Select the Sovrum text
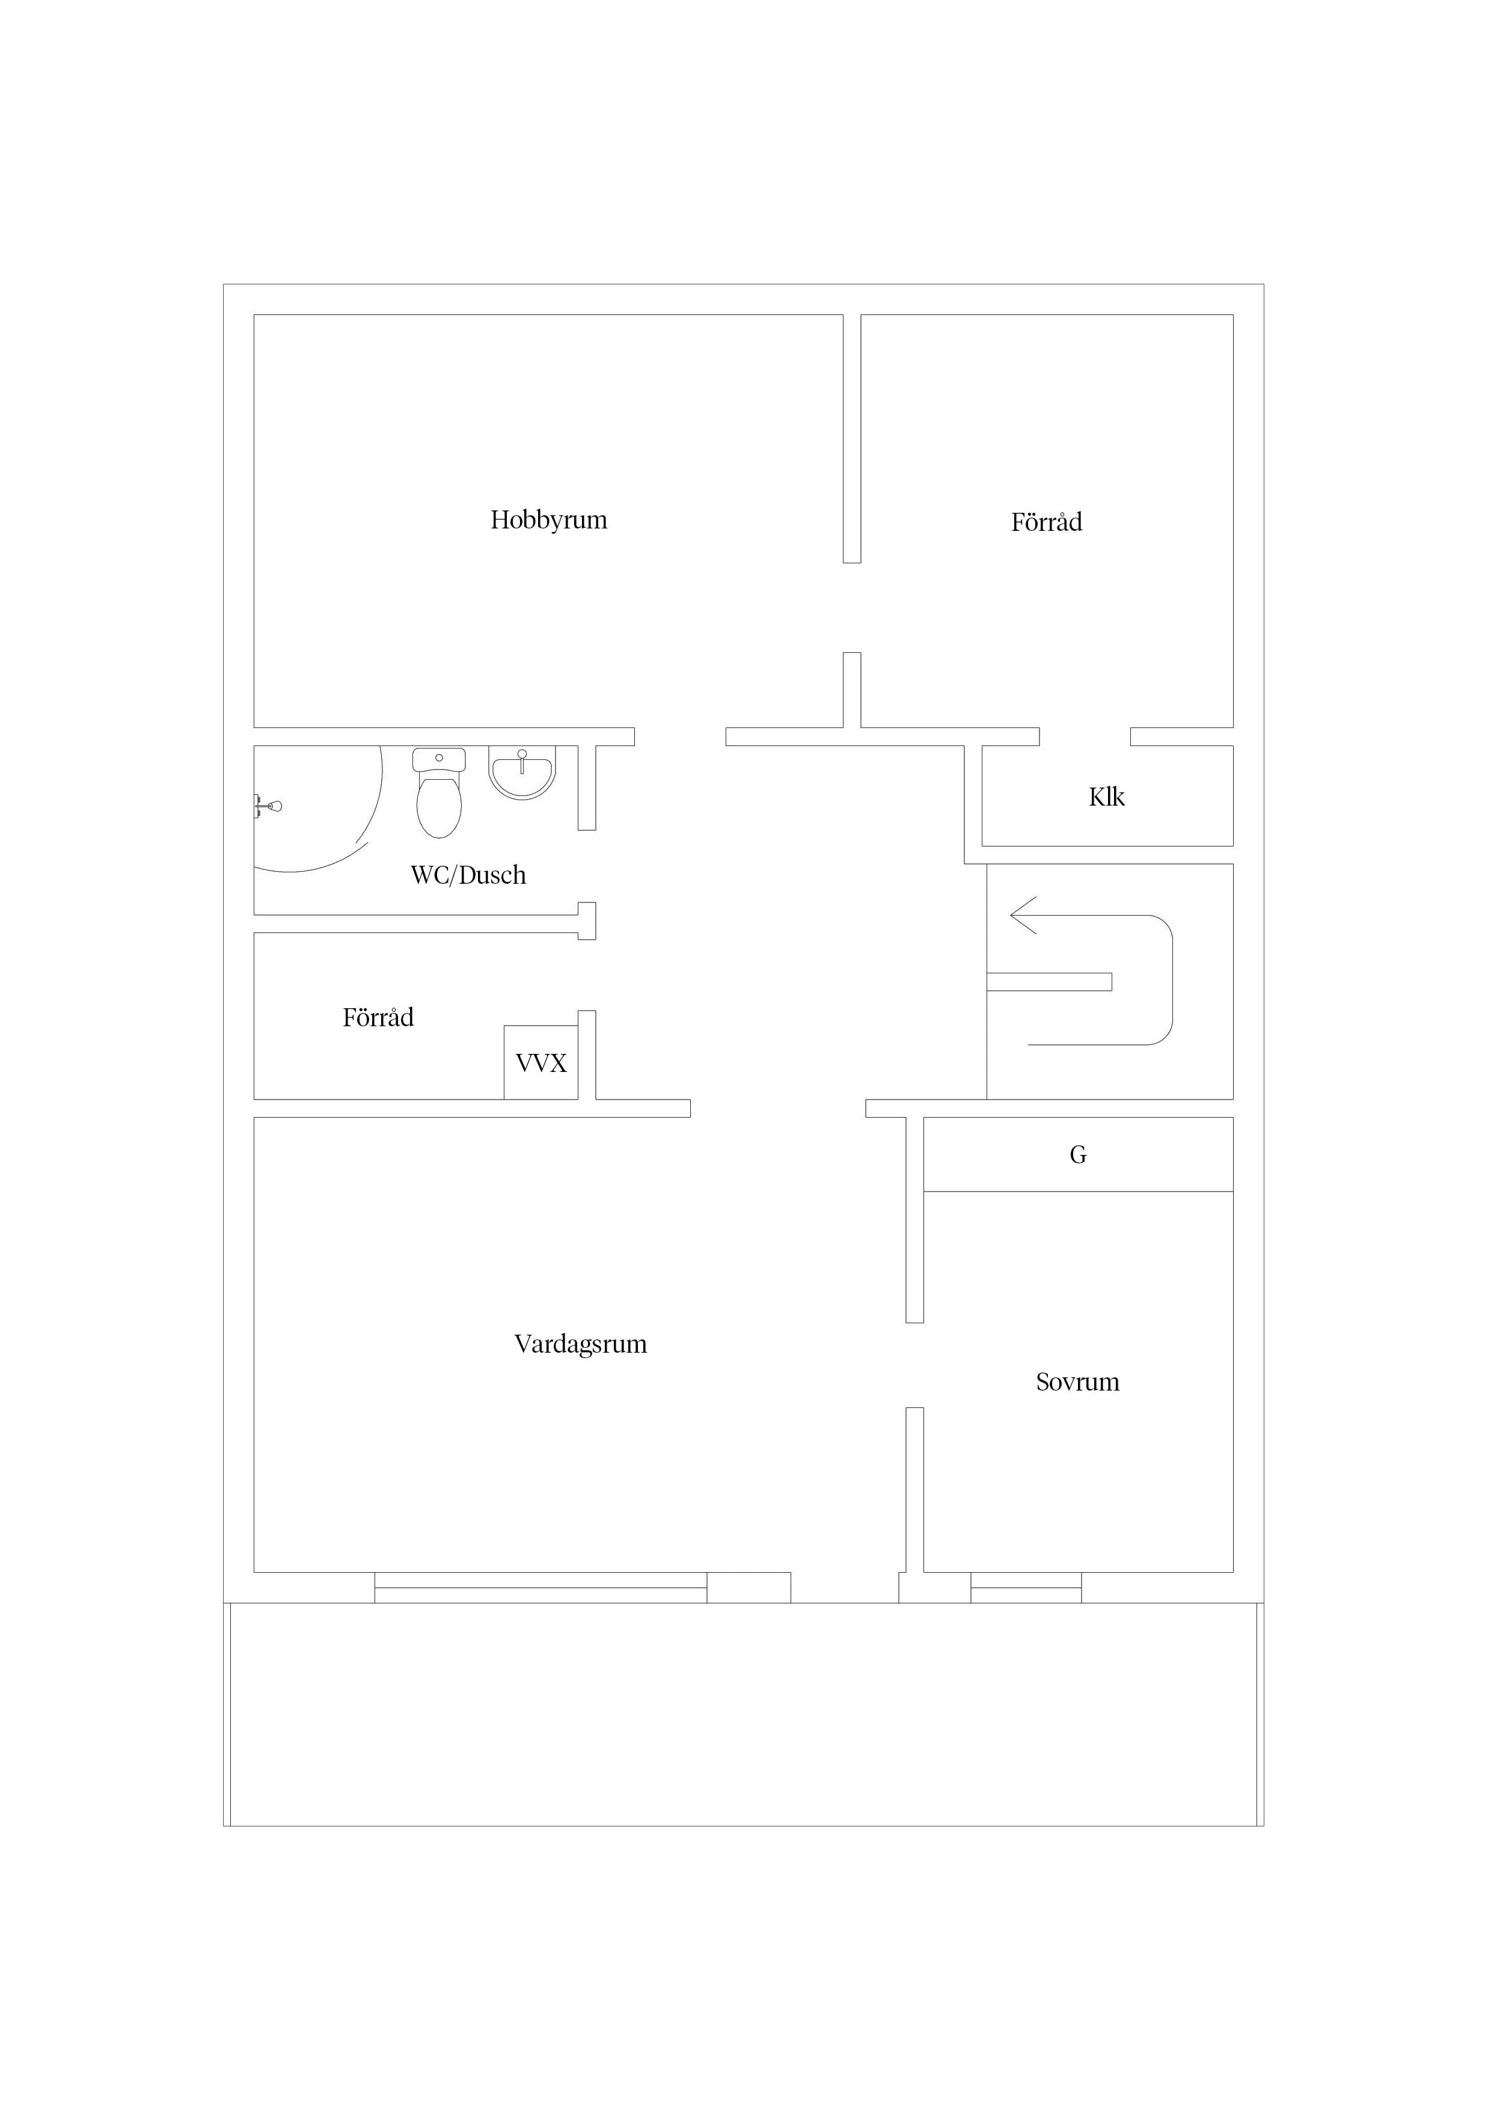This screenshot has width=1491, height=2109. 1077,1382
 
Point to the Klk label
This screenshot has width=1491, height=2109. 1107,797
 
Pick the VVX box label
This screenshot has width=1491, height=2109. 541,1063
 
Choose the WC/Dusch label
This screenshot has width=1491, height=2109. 468,875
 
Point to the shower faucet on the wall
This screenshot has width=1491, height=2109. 268,806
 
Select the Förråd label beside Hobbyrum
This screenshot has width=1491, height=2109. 1046,522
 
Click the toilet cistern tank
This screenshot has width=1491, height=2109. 439,760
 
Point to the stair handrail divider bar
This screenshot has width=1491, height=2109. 1049,981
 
